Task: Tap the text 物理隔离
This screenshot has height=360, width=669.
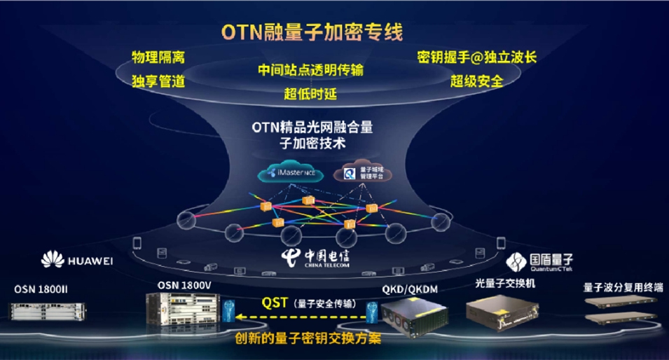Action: click(158, 57)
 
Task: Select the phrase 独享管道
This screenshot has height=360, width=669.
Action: click(158, 81)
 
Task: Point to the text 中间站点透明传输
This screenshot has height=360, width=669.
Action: click(310, 71)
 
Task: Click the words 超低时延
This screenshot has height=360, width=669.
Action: click(310, 93)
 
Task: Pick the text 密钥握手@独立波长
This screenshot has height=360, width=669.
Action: click(476, 57)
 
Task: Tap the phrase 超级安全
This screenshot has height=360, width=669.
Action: click(476, 81)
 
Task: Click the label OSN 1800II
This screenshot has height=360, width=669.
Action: click(41, 289)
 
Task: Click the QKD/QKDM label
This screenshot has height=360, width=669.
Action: click(404, 289)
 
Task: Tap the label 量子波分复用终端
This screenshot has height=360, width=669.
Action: click(623, 288)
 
